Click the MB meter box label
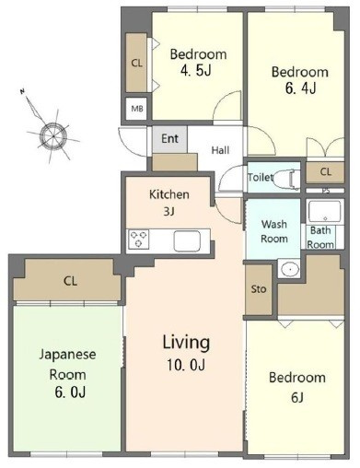(137, 109)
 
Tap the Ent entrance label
(169, 138)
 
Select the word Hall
(220, 150)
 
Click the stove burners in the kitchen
(139, 239)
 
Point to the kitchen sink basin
(187, 240)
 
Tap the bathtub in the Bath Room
(324, 211)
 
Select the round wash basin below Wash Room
(290, 269)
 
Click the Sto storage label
(259, 289)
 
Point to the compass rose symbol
(53, 135)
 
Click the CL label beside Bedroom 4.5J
(136, 64)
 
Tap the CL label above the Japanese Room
(70, 281)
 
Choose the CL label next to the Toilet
(326, 171)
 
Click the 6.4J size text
(300, 88)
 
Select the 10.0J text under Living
(186, 365)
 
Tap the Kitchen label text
(169, 194)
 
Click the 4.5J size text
(196, 71)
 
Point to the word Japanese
(67, 355)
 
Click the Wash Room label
(274, 231)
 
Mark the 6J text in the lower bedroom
(297, 397)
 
